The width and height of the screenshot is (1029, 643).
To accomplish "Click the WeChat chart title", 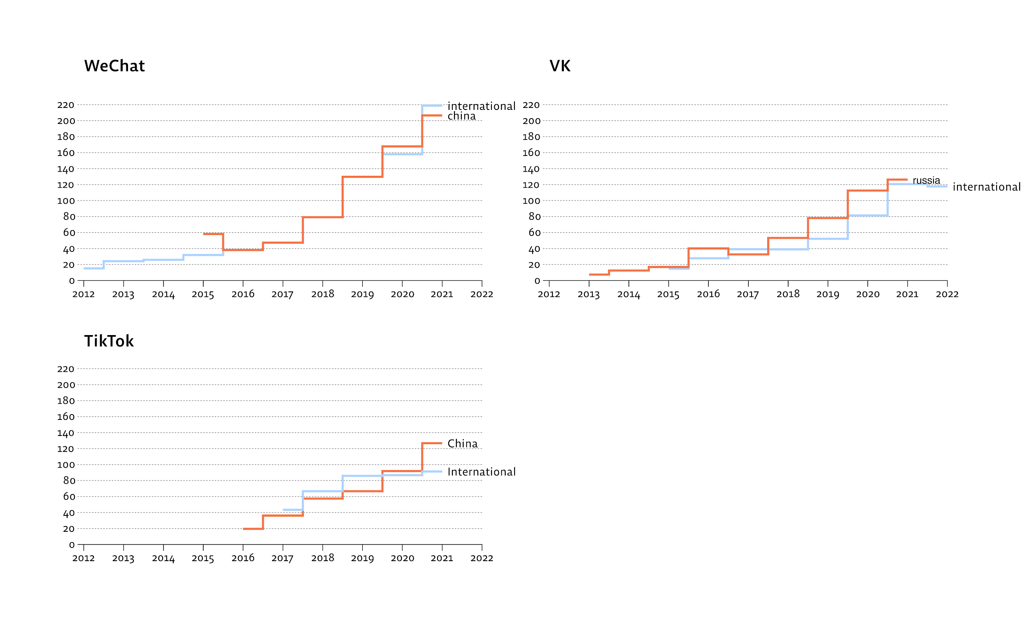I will coord(114,66).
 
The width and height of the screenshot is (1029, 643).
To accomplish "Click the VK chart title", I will coord(560,66).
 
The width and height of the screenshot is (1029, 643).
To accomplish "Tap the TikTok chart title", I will coord(109,341).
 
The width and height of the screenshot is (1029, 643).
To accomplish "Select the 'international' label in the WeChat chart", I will coord(481,106).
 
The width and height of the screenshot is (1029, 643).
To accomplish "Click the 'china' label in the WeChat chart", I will coord(461,116).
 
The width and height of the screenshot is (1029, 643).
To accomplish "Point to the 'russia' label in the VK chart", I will coord(926,180).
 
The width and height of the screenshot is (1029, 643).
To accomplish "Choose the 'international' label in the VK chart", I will coord(987,187).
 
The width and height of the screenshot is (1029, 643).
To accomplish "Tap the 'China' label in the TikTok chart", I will coord(462,443).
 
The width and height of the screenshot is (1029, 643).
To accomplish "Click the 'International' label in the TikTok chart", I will coord(481,472).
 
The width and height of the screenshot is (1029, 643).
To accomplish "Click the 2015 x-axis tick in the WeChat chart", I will coord(203,294).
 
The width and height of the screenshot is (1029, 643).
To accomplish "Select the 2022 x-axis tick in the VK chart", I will coord(947,294).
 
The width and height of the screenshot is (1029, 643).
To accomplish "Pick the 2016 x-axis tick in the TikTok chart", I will coord(243,558).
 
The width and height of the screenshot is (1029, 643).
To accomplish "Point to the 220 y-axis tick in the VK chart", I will coord(531,105).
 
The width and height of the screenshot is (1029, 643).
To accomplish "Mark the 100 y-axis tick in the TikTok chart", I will coord(66,465).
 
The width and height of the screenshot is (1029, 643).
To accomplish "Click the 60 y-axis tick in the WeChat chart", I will coord(69,233).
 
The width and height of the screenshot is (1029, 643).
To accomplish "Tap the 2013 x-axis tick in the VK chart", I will coord(589,294).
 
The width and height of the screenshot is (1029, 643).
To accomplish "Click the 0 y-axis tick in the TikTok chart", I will coord(72,545).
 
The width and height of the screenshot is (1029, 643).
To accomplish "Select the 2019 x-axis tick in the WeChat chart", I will coord(362,294).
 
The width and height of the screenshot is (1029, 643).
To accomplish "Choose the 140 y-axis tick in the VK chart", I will coord(531,169).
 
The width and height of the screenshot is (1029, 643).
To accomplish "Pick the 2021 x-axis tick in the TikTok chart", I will coord(442,558).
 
